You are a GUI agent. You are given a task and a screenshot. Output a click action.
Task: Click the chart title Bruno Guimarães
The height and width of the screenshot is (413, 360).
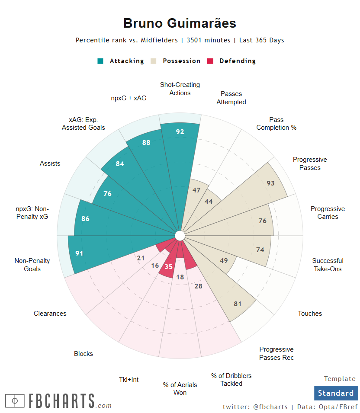180,23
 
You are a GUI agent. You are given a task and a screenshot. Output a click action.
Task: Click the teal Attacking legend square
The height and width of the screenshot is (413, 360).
100,61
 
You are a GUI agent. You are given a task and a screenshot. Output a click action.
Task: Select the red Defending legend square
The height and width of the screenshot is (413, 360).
211,61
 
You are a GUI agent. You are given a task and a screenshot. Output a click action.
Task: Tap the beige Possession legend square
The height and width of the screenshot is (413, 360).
154,61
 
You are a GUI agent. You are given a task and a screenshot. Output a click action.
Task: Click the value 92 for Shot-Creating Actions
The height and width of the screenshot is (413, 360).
180,132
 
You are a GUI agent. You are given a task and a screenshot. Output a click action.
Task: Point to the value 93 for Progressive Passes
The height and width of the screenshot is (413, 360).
270,183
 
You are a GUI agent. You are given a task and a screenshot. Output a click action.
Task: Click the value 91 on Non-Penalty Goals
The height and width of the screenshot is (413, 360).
79,253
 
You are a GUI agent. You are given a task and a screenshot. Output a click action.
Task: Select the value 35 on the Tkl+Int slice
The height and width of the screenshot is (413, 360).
168,267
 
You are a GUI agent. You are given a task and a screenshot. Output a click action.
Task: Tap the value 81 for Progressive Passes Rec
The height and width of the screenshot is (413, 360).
238,304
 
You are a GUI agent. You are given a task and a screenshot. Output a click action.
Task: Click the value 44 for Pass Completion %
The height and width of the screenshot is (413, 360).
209,202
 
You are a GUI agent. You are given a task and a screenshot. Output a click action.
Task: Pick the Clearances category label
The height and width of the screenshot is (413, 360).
50,314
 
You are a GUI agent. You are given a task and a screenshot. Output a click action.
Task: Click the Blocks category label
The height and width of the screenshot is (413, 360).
84,354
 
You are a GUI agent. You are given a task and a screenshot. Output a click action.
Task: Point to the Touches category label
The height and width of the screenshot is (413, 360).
310,314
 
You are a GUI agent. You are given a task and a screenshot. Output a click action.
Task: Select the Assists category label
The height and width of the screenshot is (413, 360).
50,163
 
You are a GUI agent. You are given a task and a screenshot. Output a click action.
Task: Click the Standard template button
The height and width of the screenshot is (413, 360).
336,393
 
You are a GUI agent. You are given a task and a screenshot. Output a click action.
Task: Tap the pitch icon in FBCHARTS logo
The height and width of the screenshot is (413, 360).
15,401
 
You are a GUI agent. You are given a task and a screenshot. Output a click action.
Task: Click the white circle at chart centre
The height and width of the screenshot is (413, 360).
180,236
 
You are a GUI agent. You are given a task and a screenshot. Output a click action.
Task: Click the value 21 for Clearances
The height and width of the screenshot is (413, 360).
141,258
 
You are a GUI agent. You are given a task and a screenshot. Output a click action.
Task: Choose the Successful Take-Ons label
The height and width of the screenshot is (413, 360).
328,265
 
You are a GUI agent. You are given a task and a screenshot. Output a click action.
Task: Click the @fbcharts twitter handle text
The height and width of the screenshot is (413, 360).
270,407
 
